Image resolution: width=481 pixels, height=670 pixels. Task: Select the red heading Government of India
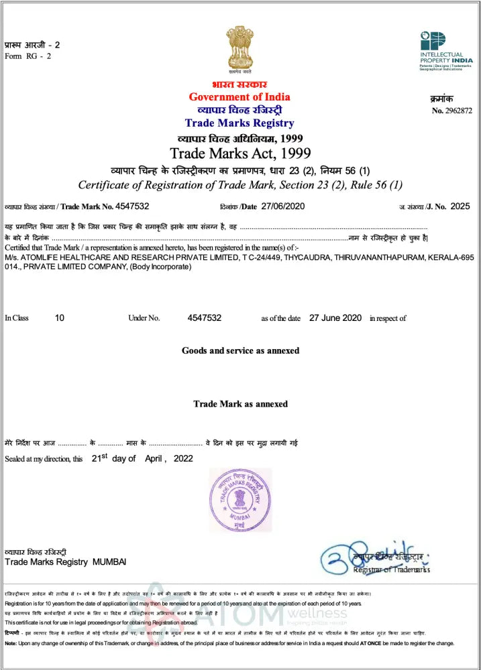click(x=239, y=97)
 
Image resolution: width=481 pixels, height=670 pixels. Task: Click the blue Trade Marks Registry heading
click(x=239, y=123)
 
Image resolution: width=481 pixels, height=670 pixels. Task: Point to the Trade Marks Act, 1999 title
click(x=239, y=152)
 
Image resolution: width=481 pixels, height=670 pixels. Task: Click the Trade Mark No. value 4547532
click(x=132, y=206)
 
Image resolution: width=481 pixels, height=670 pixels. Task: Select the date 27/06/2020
click(x=283, y=206)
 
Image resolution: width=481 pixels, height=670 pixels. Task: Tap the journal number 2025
click(x=461, y=206)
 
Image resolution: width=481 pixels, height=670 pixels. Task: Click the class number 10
click(x=60, y=318)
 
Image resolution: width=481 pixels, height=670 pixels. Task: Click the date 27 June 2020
click(x=335, y=318)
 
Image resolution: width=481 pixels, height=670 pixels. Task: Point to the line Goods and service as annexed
click(x=240, y=350)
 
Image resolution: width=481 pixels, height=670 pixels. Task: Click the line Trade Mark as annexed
click(x=240, y=404)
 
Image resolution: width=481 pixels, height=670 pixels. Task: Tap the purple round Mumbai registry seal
click(x=240, y=499)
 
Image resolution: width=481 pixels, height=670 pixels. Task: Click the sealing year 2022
click(x=183, y=459)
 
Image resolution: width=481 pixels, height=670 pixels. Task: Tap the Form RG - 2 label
click(x=28, y=56)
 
